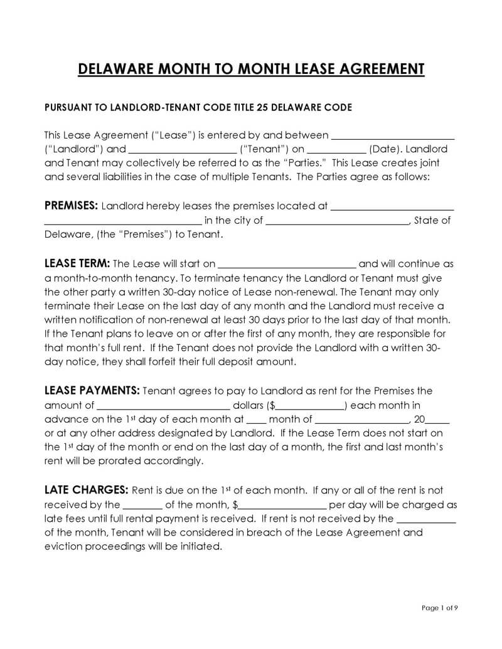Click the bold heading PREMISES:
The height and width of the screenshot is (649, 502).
coord(71,206)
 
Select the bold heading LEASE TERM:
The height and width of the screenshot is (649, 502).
coord(77,263)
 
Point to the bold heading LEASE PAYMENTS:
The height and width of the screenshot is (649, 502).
coord(92,391)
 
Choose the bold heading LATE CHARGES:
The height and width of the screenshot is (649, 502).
coord(87,489)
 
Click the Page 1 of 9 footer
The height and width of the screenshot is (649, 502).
coord(440,608)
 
